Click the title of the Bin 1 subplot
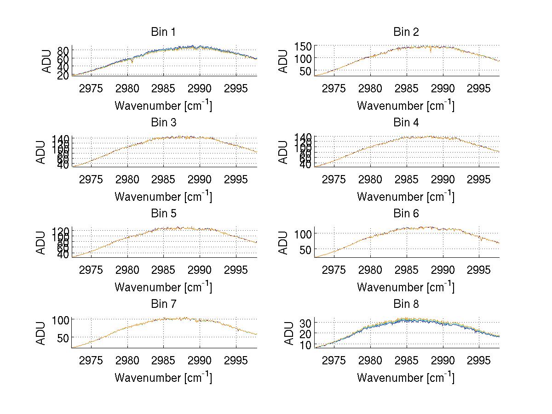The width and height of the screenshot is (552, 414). tap(163, 32)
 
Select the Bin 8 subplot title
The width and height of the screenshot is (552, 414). tap(406, 304)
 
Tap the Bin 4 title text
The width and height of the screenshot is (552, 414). tap(406, 123)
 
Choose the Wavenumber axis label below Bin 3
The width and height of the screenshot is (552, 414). tap(163, 196)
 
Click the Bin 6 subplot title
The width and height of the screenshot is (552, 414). tap(406, 214)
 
